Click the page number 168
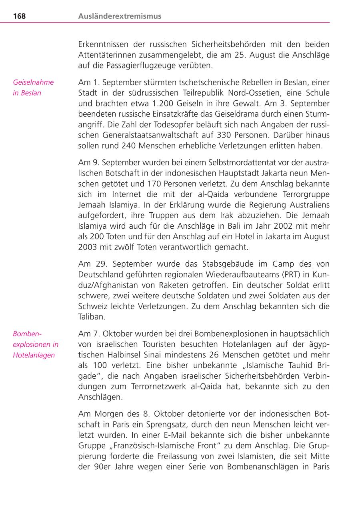click(x=19, y=16)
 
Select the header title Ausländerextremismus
click(x=120, y=16)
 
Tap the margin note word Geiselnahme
click(x=33, y=82)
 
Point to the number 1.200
click(x=160, y=103)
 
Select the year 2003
click(x=87, y=247)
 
